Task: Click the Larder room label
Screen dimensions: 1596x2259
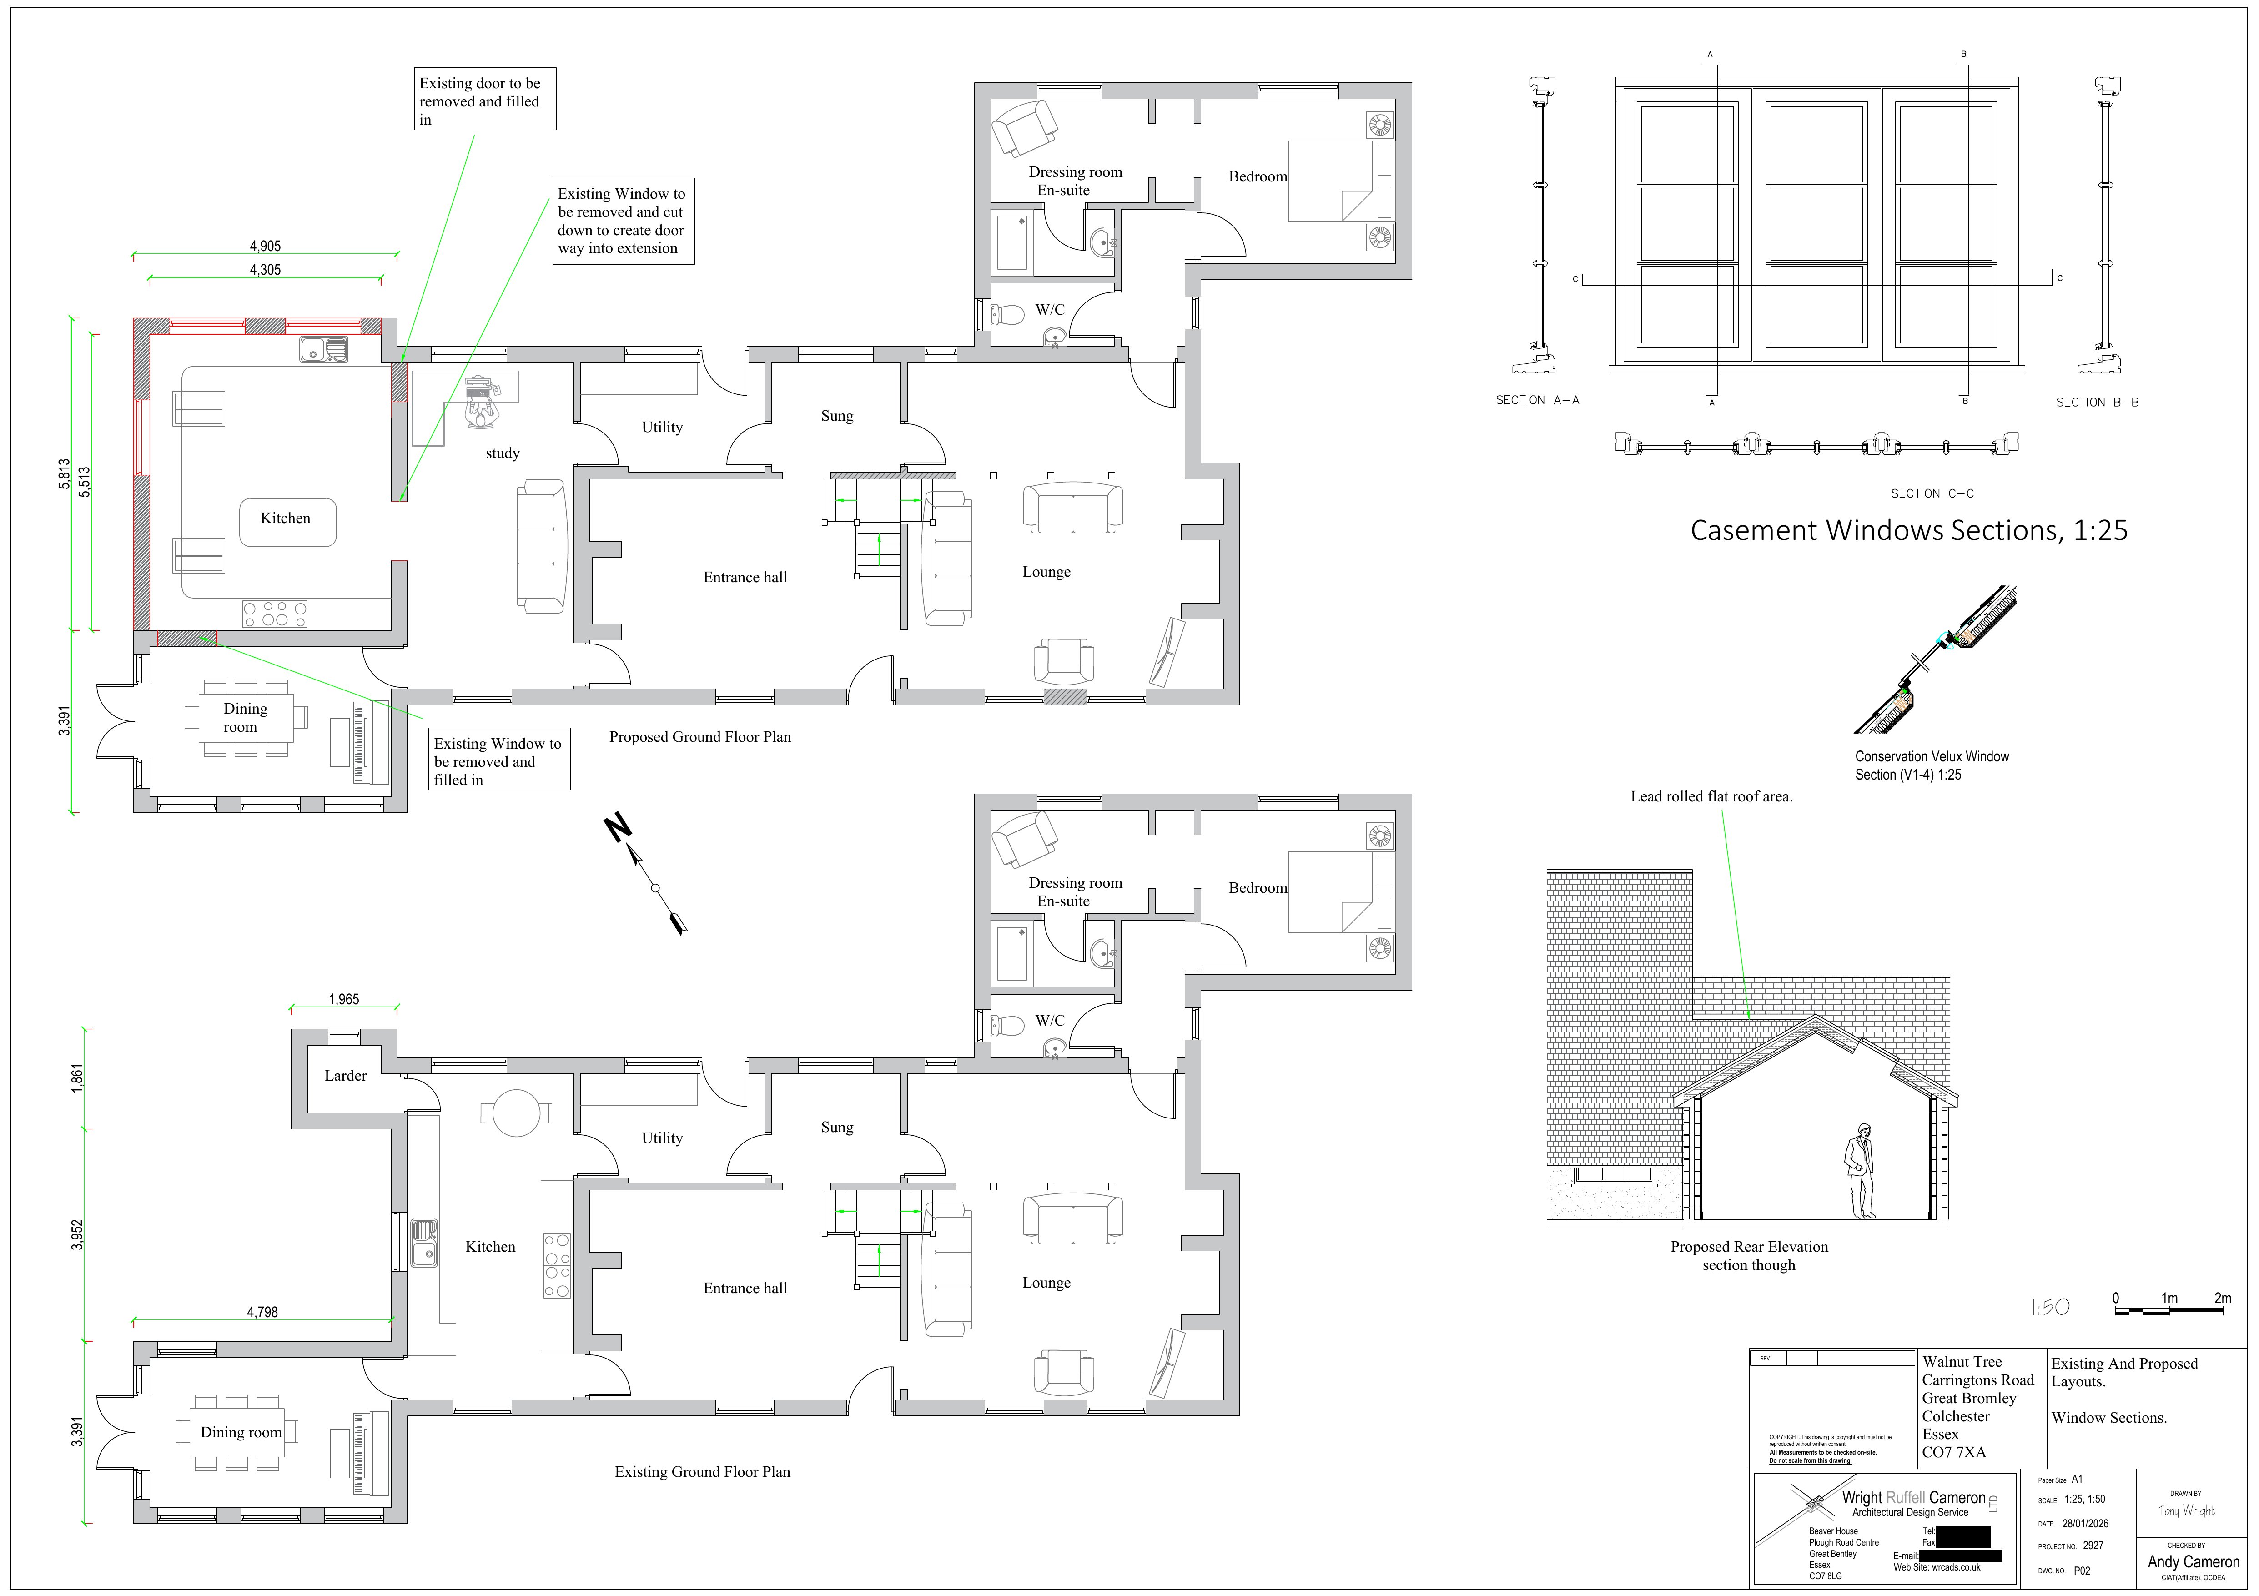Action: (345, 1076)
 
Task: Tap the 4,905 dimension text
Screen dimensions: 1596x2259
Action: (265, 246)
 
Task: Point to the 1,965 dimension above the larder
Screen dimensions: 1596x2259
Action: (343, 999)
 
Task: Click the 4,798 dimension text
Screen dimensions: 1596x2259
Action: (262, 1312)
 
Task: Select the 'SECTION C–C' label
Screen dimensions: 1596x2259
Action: (1932, 493)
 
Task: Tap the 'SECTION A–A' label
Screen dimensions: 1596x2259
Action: (1537, 399)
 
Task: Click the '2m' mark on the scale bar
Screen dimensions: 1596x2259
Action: (2222, 1298)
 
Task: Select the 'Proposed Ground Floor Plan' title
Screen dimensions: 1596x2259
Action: (699, 736)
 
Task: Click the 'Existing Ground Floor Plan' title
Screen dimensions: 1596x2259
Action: (701, 1471)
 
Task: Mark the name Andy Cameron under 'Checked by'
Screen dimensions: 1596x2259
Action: (2193, 1561)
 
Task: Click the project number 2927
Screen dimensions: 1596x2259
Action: (2093, 1545)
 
